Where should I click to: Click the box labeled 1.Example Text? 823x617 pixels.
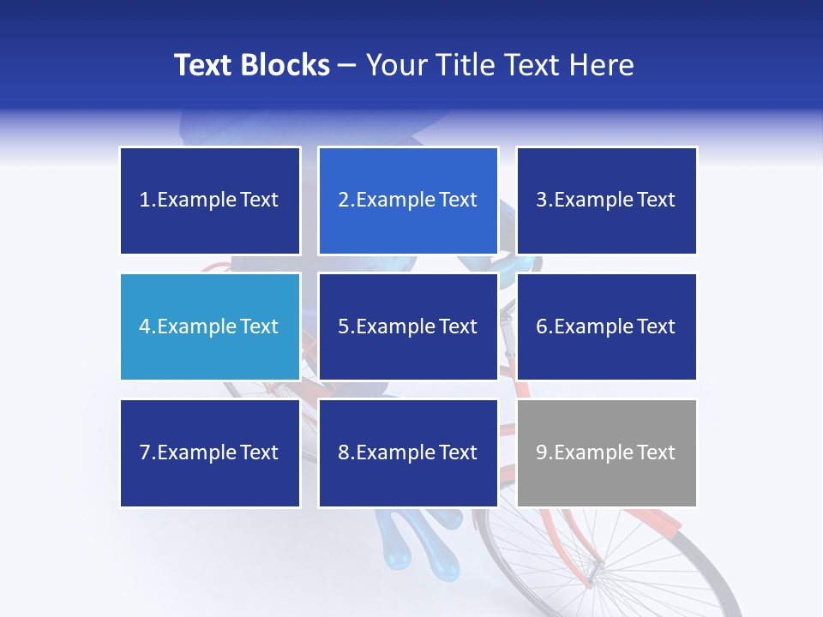pyautogui.click(x=209, y=201)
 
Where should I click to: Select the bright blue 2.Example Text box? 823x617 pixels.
pyautogui.click(x=407, y=201)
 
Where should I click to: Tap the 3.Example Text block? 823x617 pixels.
pyautogui.click(x=606, y=201)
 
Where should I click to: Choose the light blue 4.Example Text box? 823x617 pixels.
pyautogui.click(x=209, y=326)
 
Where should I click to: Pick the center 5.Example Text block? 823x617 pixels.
pyautogui.click(x=407, y=326)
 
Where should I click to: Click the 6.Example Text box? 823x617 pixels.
pyautogui.click(x=606, y=326)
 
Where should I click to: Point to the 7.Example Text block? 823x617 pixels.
pyautogui.click(x=209, y=452)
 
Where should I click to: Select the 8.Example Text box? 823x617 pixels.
pyautogui.click(x=407, y=452)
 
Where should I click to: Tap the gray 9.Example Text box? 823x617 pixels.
pyautogui.click(x=606, y=452)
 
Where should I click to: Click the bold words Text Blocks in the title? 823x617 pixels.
pyautogui.click(x=251, y=65)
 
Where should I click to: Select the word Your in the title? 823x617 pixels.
pyautogui.click(x=393, y=65)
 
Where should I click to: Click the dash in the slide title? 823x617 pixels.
pyautogui.click(x=347, y=65)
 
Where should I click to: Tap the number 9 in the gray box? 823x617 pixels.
pyautogui.click(x=542, y=452)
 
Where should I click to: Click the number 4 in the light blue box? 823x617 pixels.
pyautogui.click(x=145, y=326)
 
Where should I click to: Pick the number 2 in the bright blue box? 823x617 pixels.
pyautogui.click(x=343, y=201)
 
